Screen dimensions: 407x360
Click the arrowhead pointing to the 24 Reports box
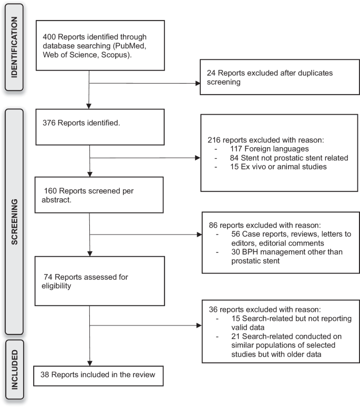tap(197, 83)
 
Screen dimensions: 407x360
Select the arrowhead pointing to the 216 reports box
tap(197, 157)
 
